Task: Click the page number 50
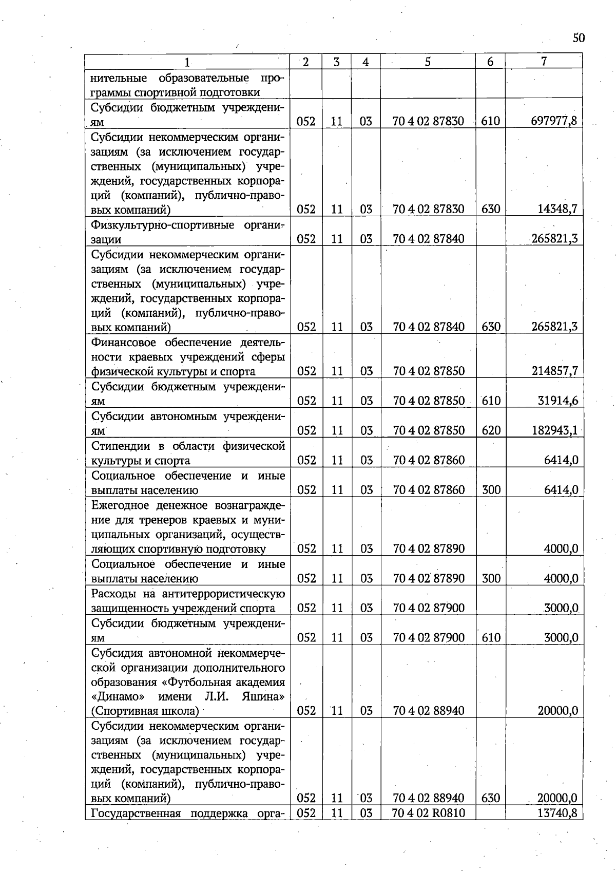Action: coord(578,38)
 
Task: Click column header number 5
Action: coord(428,62)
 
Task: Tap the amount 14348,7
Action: coord(557,209)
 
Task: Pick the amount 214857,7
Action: coord(555,371)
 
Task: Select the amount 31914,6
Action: coord(557,401)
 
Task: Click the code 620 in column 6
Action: coord(491,430)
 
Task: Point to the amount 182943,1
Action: coord(555,430)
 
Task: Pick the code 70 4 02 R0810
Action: coord(428,813)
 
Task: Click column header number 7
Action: coord(544,62)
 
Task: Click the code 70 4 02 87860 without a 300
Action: coord(428,460)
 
